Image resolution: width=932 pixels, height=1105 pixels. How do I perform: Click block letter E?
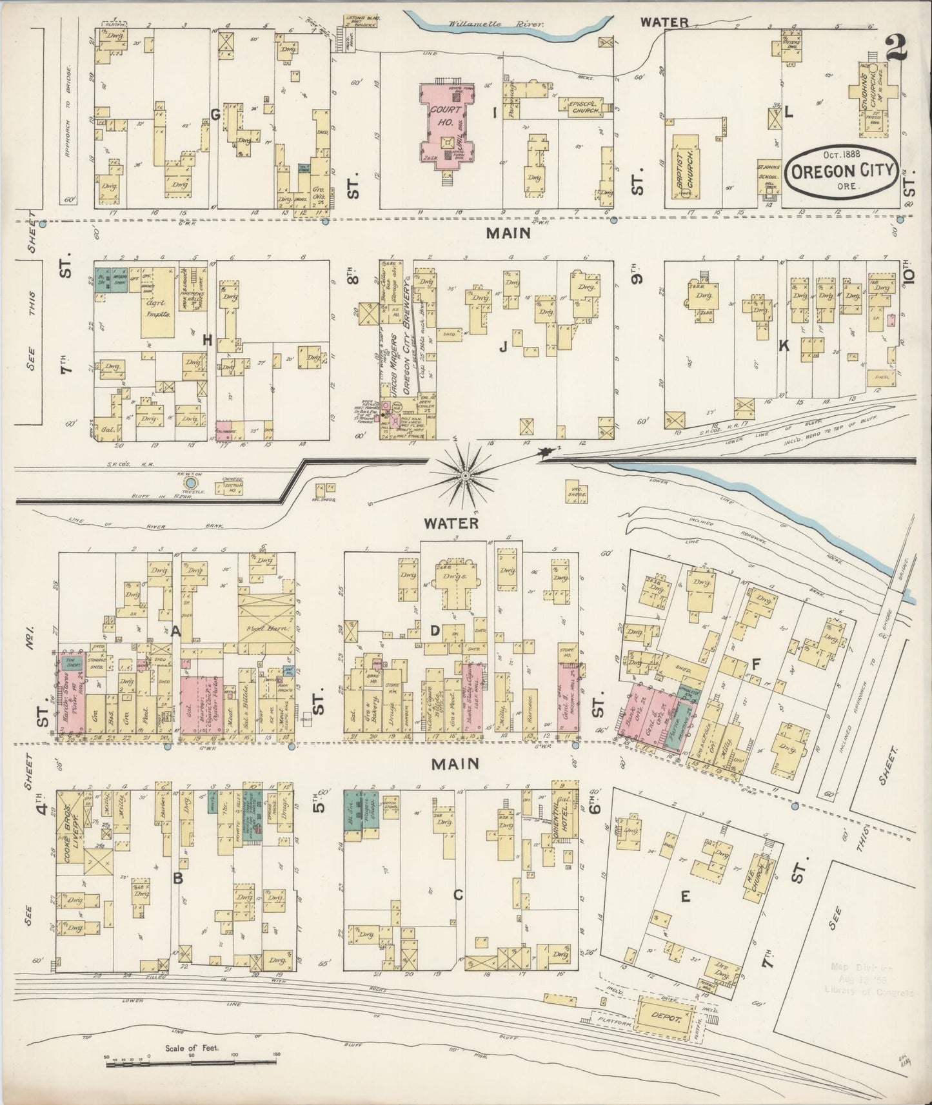(x=685, y=895)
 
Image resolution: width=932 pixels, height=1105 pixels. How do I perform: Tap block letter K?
(x=784, y=346)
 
